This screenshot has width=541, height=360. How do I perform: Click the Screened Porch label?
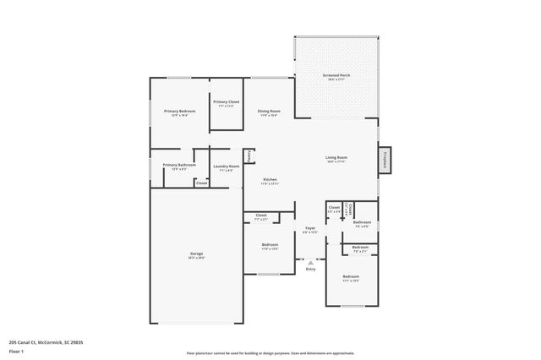coord(336,76)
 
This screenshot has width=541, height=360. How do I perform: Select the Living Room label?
coord(337,157)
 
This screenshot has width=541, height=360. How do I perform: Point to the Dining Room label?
coord(269,111)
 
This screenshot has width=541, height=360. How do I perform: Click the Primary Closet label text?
coord(226,101)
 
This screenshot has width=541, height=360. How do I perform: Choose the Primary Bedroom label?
coord(180,111)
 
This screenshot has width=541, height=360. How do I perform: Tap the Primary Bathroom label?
coord(179,165)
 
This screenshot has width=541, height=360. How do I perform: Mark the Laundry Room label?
coord(227,166)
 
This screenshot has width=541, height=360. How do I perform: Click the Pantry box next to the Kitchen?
coord(249,156)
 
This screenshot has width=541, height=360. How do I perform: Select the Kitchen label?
coord(270,179)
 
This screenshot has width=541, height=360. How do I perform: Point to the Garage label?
coord(196,254)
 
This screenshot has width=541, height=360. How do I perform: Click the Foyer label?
coord(310,227)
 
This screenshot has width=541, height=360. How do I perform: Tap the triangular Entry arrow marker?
coord(310,262)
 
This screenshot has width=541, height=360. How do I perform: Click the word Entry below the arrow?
coord(310,269)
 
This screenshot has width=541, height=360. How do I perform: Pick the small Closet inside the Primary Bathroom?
coord(201,183)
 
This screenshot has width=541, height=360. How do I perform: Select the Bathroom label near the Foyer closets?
coord(362,222)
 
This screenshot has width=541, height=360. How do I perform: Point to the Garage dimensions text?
coord(196,258)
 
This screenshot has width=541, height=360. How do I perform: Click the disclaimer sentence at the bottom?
coord(270,353)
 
